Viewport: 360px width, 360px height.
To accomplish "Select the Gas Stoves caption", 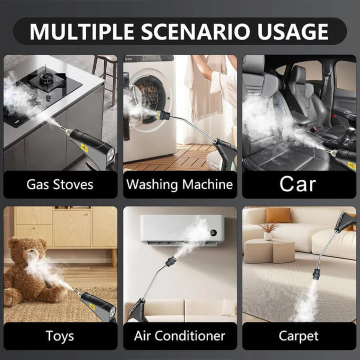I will [x=60, y=184].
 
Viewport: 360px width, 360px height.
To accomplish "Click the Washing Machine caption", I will [x=179, y=184].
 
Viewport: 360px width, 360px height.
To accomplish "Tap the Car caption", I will [x=297, y=184].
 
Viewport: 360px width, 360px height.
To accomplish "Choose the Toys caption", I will [x=60, y=336].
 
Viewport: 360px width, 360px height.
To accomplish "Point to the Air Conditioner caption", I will [x=179, y=336].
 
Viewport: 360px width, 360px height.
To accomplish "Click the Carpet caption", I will [x=298, y=336].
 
